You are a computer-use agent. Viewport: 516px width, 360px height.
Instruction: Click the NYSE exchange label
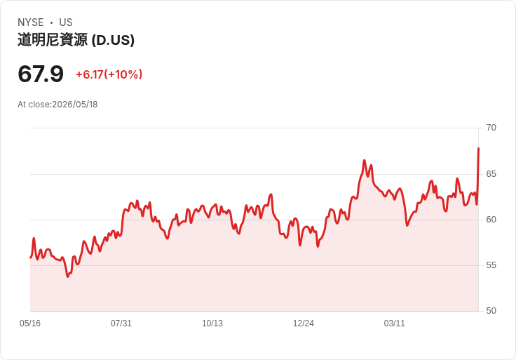coord(31,22)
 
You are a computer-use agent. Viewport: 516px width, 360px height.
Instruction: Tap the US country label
coord(66,22)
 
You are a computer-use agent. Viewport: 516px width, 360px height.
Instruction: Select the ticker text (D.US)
coord(113,40)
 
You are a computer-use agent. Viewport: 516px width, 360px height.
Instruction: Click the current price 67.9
coord(41,74)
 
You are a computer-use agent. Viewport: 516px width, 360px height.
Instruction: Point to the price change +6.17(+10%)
coord(109,74)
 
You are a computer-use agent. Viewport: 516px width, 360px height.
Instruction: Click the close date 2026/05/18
coord(75,105)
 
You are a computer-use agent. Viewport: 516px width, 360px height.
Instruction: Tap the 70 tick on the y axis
coord(491,128)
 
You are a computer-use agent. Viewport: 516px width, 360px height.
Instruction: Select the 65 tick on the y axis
coord(491,174)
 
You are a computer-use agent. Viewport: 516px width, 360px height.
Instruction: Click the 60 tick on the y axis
coord(491,220)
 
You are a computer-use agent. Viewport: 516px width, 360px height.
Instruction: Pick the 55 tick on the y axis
coord(491,265)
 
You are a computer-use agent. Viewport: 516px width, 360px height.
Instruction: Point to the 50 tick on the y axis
coord(491,311)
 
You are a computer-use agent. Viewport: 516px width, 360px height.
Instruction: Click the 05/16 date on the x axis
coord(30,324)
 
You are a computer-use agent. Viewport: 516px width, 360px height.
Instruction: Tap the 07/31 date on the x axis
coord(121,324)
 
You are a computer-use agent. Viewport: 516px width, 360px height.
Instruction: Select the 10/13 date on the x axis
coord(212,324)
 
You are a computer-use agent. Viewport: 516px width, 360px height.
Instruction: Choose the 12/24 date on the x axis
coord(304,324)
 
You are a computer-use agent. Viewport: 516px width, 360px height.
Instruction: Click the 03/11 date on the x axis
coord(394,324)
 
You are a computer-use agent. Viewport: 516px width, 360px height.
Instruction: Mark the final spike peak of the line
coord(478,148)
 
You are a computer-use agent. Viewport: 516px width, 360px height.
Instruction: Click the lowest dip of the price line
coord(68,276)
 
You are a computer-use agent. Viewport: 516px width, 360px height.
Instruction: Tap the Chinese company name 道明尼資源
coord(53,40)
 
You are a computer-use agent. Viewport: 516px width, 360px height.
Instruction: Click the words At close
coord(34,105)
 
